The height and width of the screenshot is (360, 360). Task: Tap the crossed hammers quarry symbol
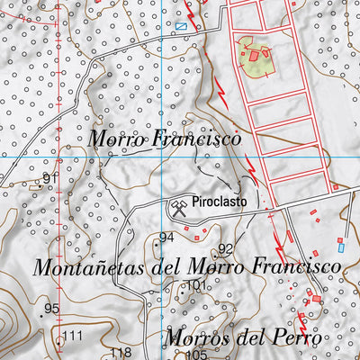(177, 208)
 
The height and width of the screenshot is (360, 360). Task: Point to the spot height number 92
(226, 248)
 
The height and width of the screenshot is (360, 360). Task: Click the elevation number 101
(197, 287)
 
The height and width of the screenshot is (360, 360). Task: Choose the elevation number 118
(121, 352)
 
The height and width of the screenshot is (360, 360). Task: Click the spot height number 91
(49, 180)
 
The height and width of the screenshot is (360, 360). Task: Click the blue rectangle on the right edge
(341, 244)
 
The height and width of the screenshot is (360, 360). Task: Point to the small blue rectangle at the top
(181, 26)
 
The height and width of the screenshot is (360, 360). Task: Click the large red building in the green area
(255, 56)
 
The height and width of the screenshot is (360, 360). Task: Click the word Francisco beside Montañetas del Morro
(294, 267)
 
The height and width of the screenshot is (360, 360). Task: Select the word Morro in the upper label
(116, 139)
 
